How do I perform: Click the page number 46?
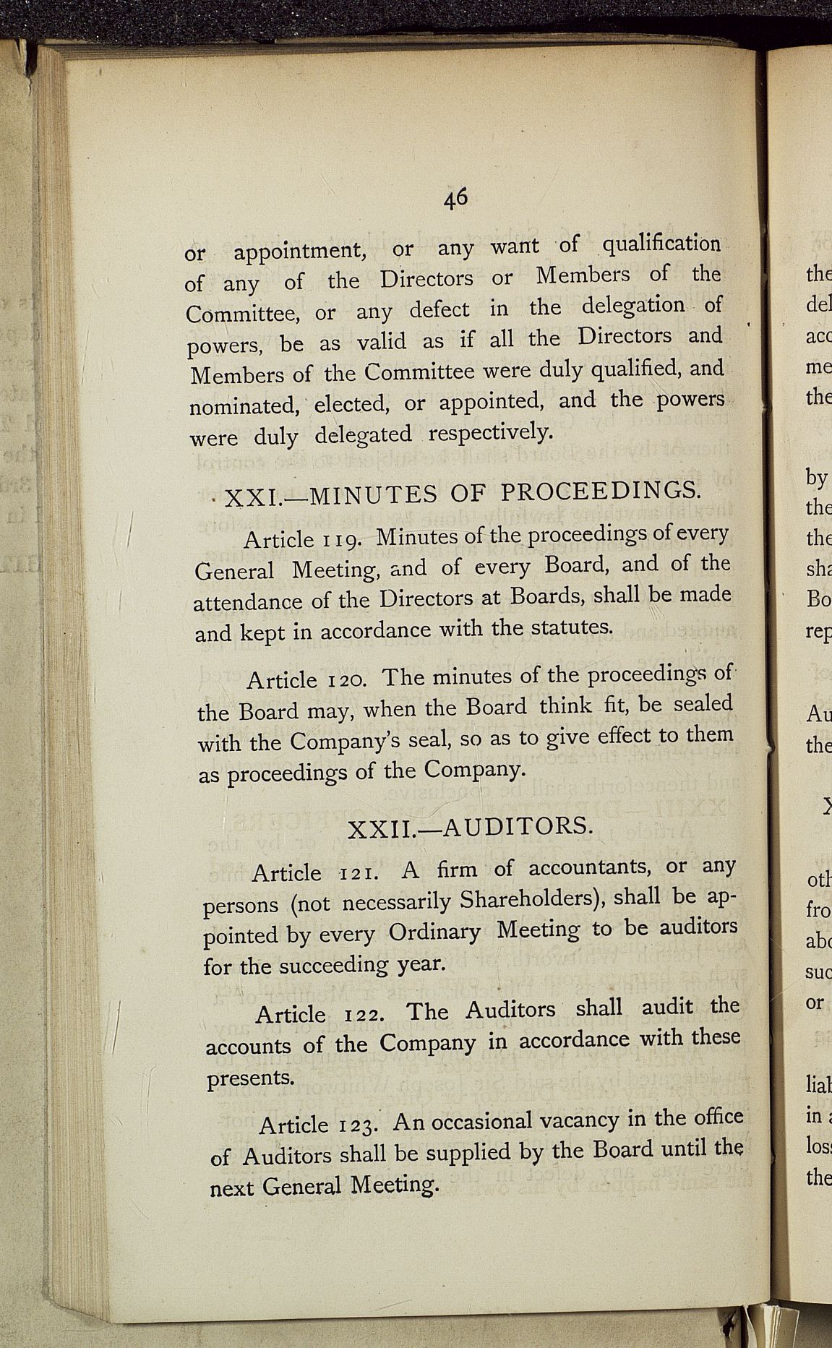(456, 197)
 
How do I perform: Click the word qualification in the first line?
(661, 244)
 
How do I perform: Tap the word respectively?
(491, 432)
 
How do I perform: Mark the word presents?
(250, 1078)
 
